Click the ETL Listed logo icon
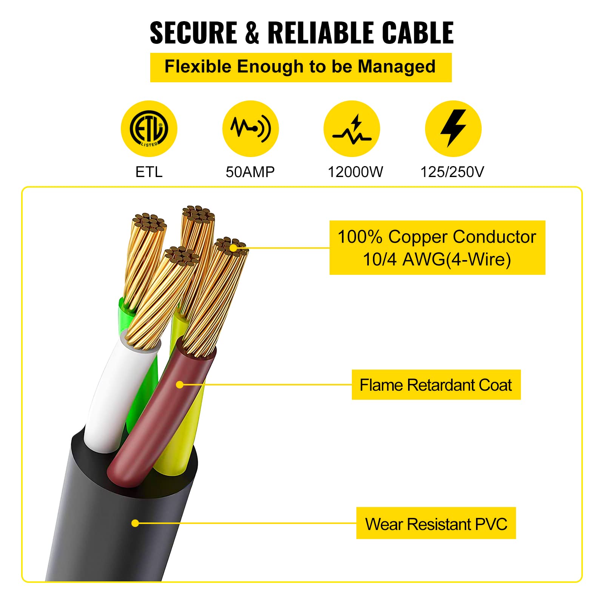click(149, 128)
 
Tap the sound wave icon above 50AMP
click(250, 128)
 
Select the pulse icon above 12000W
click(351, 128)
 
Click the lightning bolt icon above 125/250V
click(453, 128)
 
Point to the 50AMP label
click(250, 172)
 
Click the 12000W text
click(355, 172)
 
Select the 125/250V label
click(452, 172)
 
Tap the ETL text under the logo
click(149, 172)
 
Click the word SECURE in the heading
click(193, 33)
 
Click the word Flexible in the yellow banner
click(198, 67)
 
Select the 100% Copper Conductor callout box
click(437, 248)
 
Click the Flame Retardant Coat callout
click(436, 385)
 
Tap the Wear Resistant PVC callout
click(436, 524)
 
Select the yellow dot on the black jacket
click(135, 523)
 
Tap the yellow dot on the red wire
click(180, 385)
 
